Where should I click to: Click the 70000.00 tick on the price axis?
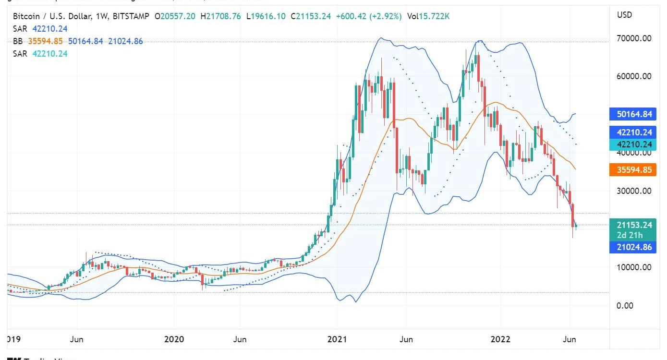tap(634, 38)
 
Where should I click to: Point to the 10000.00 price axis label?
tap(634, 267)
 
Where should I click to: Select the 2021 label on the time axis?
tap(337, 339)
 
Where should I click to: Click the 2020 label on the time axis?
tap(174, 339)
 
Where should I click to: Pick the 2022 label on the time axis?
tap(500, 339)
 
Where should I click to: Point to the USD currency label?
tap(624, 15)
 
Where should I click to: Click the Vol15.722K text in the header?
tap(428, 16)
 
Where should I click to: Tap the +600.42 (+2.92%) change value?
tap(369, 16)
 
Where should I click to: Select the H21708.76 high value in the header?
tap(221, 16)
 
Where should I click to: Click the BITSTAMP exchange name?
tap(132, 16)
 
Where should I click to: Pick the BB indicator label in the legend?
tap(18, 41)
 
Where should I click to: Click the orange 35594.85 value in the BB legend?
tap(46, 41)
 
